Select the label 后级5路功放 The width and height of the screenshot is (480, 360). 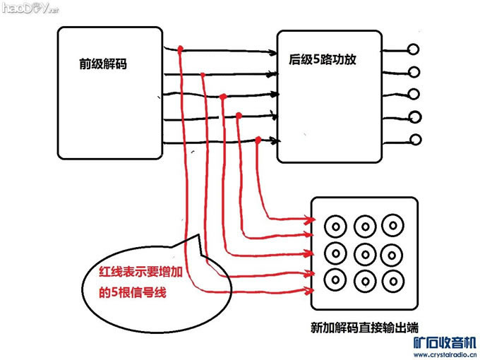(x=321, y=60)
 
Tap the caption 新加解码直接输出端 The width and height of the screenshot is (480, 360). (x=363, y=327)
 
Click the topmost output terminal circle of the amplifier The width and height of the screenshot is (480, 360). (x=416, y=49)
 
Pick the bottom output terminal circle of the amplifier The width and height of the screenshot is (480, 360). (x=416, y=139)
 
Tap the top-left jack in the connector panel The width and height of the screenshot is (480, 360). (x=335, y=227)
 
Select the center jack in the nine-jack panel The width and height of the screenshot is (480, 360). (x=364, y=251)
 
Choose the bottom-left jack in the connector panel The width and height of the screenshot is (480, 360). (x=335, y=277)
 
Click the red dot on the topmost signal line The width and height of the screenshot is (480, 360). (x=181, y=49)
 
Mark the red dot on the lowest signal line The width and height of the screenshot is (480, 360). (x=258, y=140)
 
